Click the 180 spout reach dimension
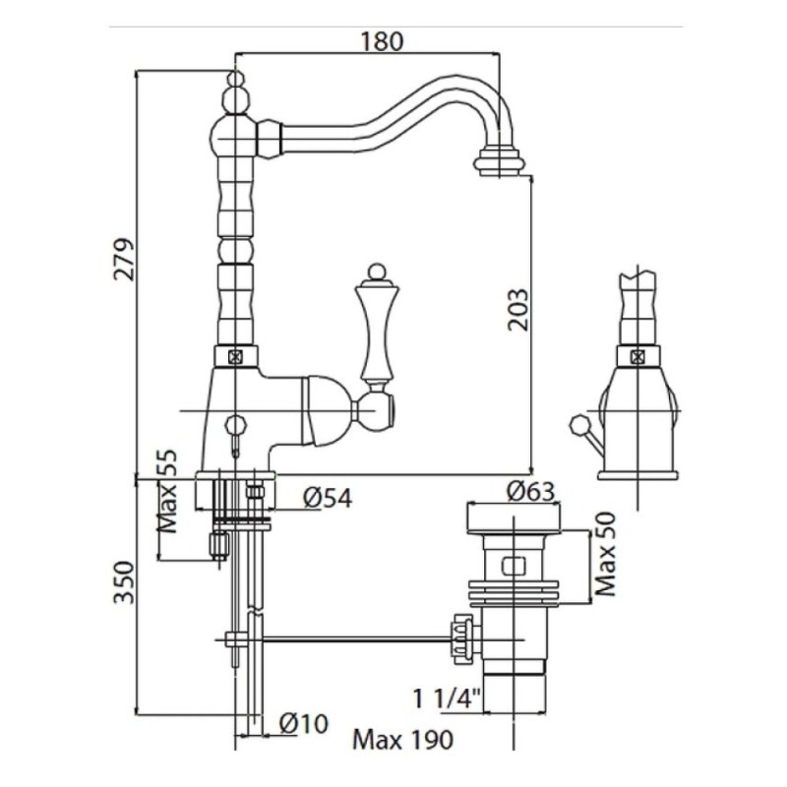pyautogui.click(x=381, y=41)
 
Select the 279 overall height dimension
pyautogui.click(x=124, y=260)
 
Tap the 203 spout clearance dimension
pyautogui.click(x=518, y=310)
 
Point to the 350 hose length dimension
pyautogui.click(x=124, y=582)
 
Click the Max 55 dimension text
pyautogui.click(x=167, y=491)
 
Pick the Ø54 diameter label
pyautogui.click(x=328, y=498)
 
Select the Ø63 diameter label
pyautogui.click(x=530, y=490)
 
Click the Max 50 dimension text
pyautogui.click(x=605, y=554)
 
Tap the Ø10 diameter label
pyautogui.click(x=304, y=724)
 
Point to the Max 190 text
pyautogui.click(x=402, y=740)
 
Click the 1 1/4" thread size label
pyautogui.click(x=447, y=698)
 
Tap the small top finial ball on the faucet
pyautogui.click(x=235, y=79)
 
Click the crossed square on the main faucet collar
pyautogui.click(x=235, y=357)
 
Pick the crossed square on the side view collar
pyautogui.click(x=637, y=357)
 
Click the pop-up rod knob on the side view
pyautogui.click(x=577, y=424)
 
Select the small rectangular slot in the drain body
pyautogui.click(x=514, y=566)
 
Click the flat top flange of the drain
pyautogui.click(x=514, y=517)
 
